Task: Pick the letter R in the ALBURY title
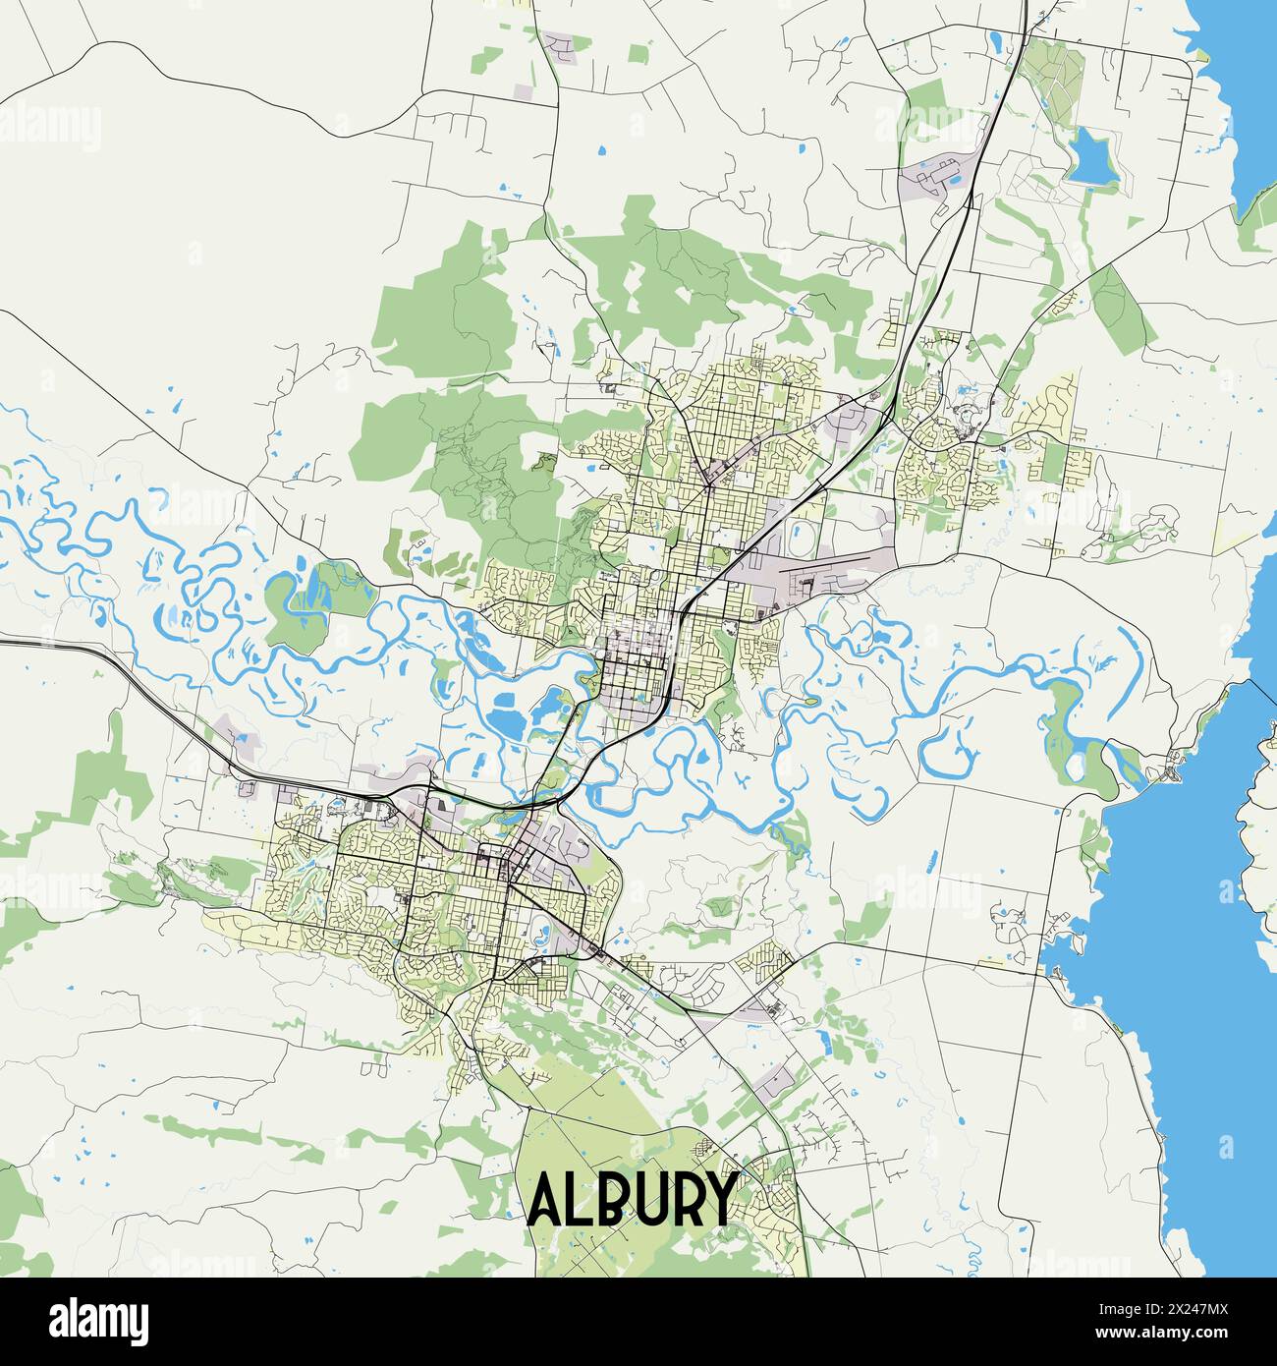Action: point(682,1199)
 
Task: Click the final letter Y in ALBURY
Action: point(717,1199)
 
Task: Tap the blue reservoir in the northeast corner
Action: point(1092,157)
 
